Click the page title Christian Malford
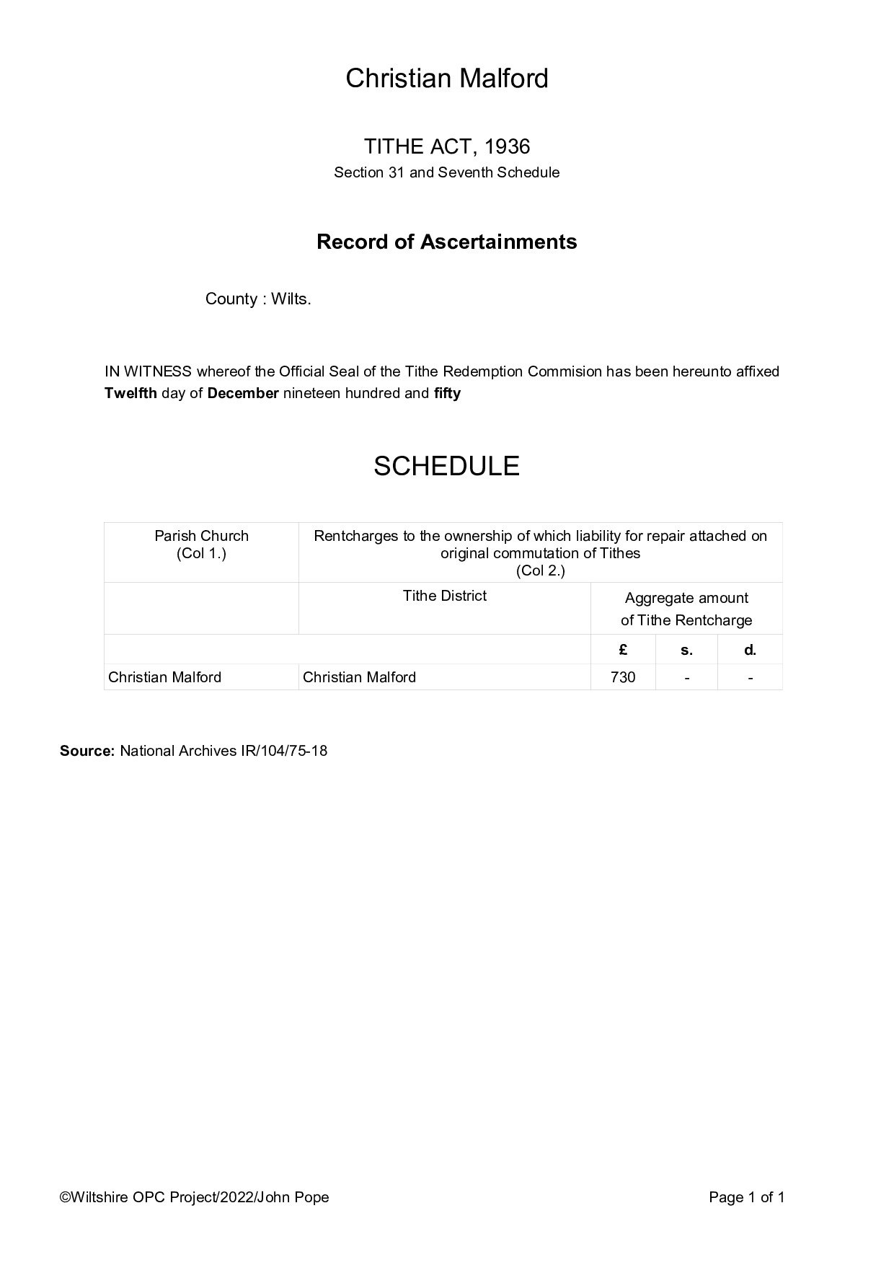(446, 78)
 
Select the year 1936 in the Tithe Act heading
(507, 147)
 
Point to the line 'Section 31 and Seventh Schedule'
(446, 173)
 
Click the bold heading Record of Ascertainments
(446, 242)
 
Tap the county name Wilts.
(291, 299)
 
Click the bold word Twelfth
(130, 394)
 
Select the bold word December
(243, 394)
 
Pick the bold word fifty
(447, 394)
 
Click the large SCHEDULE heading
(446, 467)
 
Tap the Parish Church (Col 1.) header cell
(201, 545)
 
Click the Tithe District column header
(444, 596)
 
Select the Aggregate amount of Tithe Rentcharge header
(686, 609)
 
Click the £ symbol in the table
(623, 650)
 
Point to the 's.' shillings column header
(686, 650)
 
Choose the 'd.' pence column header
(750, 650)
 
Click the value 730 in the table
(623, 677)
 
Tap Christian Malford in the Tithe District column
(359, 677)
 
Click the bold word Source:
(87, 751)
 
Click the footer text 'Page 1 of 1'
(746, 1198)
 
